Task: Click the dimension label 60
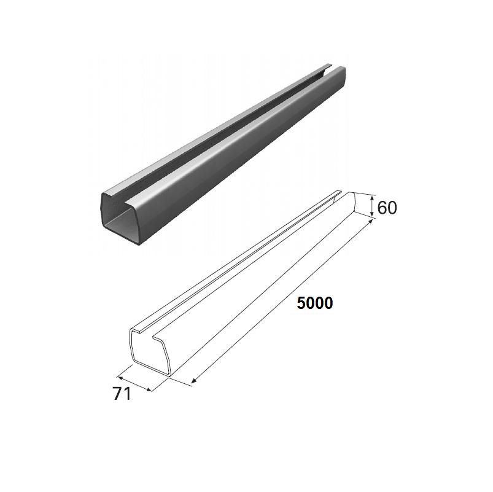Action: point(387,208)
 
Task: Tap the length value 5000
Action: point(315,303)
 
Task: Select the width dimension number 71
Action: point(122,394)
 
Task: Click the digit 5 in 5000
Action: point(301,303)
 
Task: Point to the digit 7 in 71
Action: point(117,394)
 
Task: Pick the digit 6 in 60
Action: point(382,208)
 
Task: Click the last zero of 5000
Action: point(328,303)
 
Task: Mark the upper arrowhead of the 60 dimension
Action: point(372,198)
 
